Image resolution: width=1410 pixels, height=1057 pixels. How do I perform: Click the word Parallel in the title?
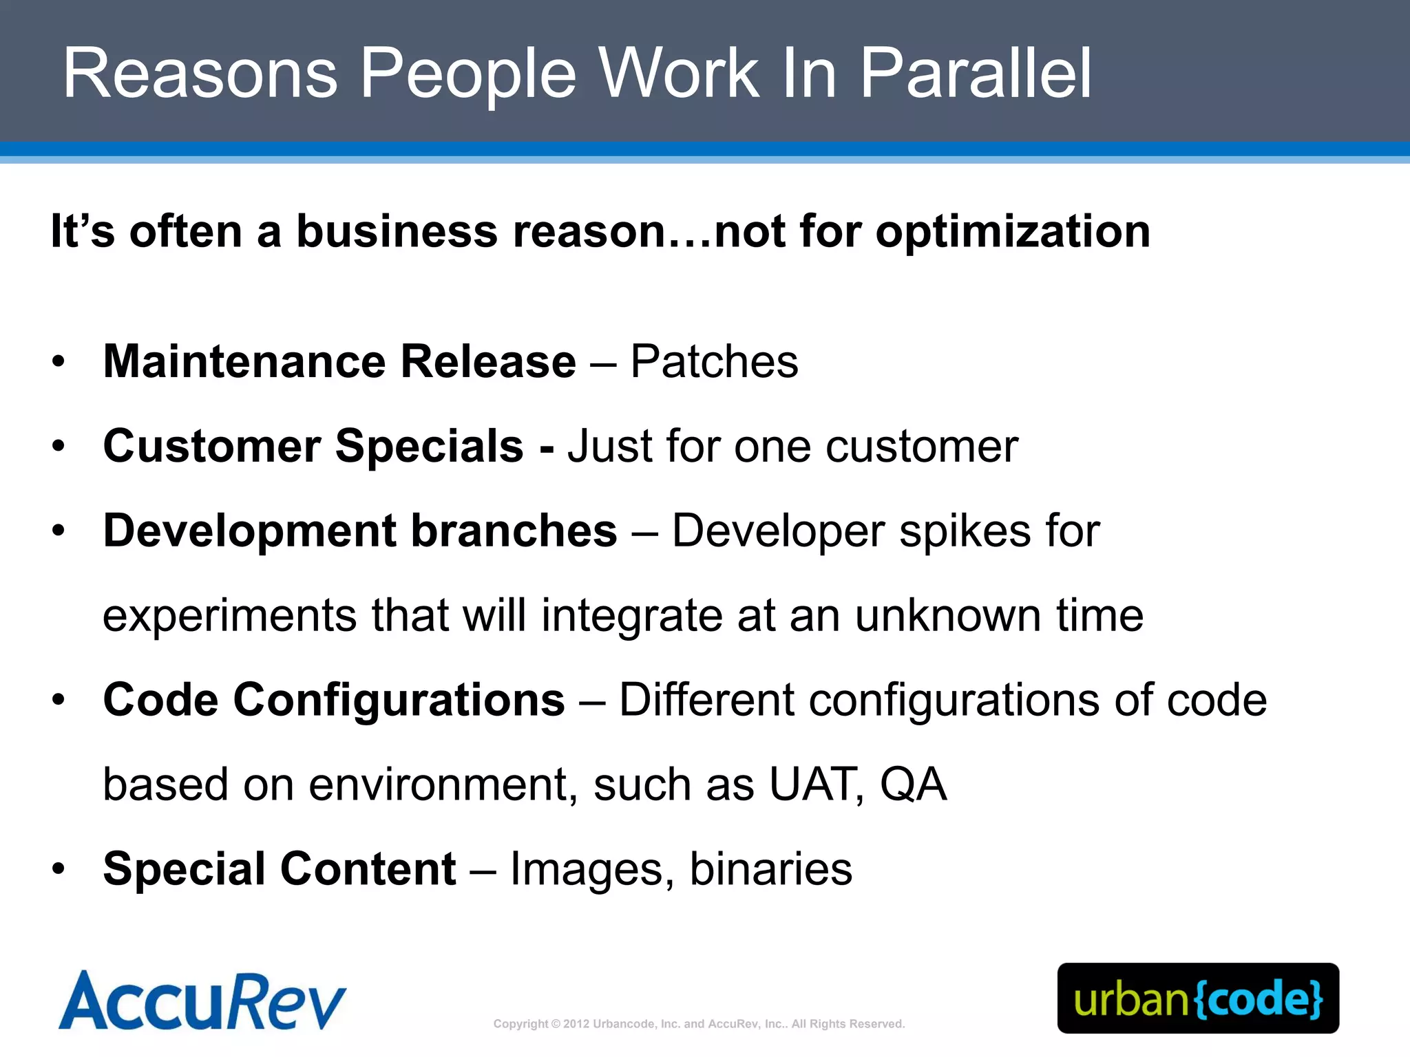pos(976,74)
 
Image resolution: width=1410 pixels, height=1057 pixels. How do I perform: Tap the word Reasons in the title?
pos(200,74)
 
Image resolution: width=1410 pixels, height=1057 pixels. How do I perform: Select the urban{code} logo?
pos(1198,999)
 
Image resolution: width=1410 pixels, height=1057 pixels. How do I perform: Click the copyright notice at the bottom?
pos(699,1024)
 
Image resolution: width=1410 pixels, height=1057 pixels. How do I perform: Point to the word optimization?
pos(1013,231)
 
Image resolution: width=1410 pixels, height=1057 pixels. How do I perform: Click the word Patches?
pos(714,362)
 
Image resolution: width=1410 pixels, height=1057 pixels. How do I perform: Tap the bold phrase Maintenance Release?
pos(339,362)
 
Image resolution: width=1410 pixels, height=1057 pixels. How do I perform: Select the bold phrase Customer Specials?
pos(313,447)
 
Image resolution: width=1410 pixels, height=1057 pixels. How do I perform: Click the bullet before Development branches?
pos(59,531)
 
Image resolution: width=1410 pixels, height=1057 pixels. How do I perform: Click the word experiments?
pos(229,616)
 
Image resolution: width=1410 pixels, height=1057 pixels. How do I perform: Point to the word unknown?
pos(948,616)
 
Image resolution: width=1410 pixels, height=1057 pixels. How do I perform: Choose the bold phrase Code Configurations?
pos(334,701)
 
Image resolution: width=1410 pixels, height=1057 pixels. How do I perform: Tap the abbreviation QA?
pos(913,785)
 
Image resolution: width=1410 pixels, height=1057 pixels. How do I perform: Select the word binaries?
pos(770,870)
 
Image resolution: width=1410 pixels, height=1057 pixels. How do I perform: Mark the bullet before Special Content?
pos(59,870)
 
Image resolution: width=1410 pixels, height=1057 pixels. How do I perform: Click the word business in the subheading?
pos(397,231)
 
